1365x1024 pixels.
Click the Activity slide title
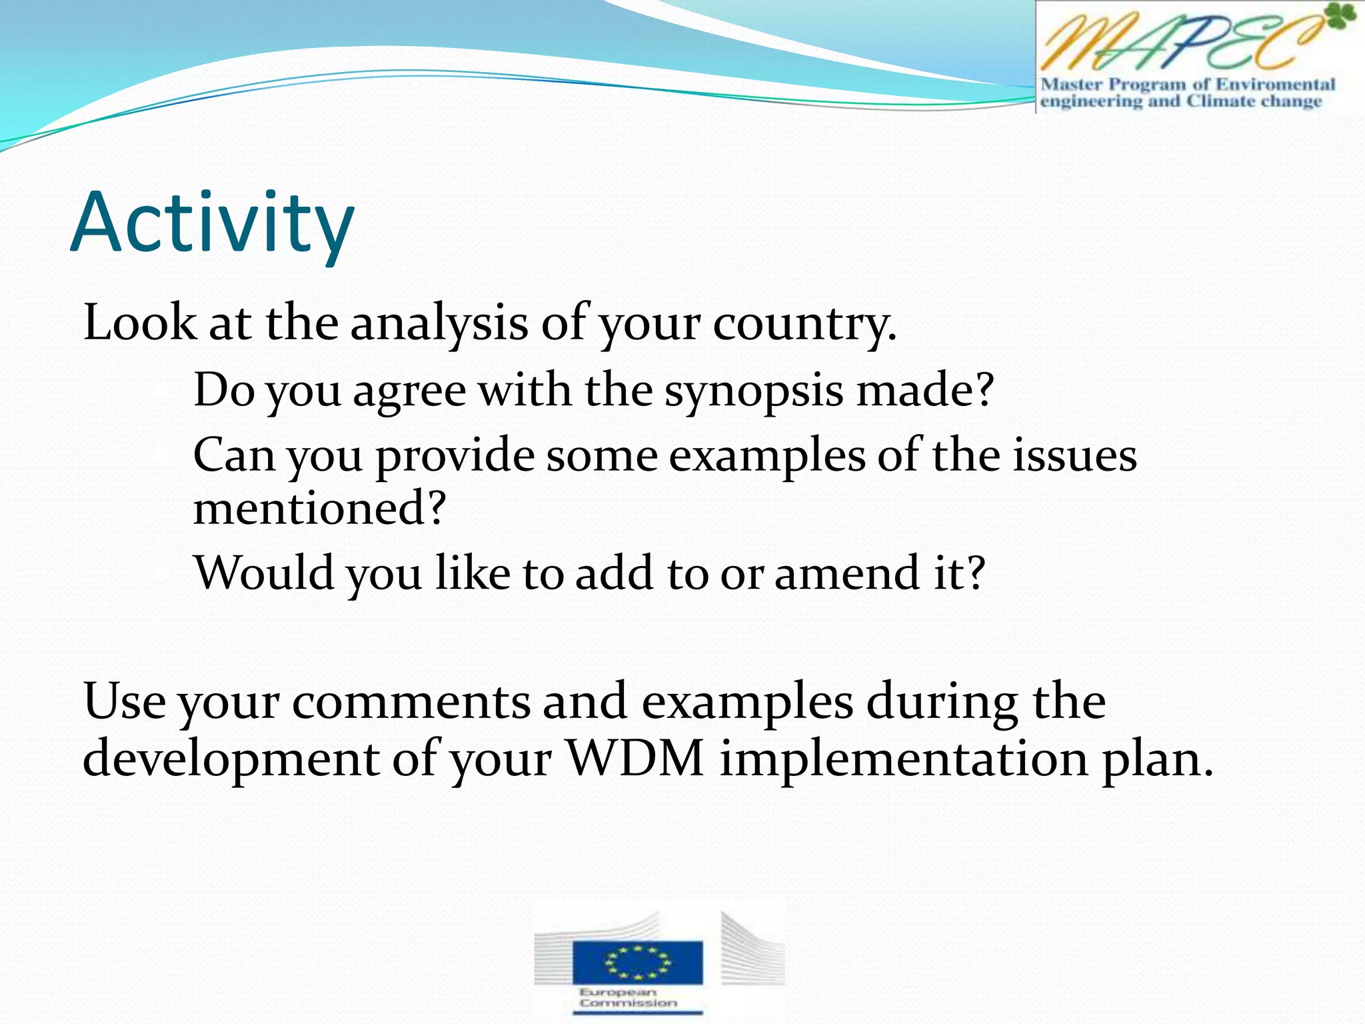(212, 223)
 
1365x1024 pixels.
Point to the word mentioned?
(319, 508)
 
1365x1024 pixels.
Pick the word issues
(1074, 456)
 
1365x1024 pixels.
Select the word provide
(455, 457)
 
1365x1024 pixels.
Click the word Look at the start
(139, 323)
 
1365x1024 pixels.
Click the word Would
(264, 573)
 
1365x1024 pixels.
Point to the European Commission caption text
(627, 998)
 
